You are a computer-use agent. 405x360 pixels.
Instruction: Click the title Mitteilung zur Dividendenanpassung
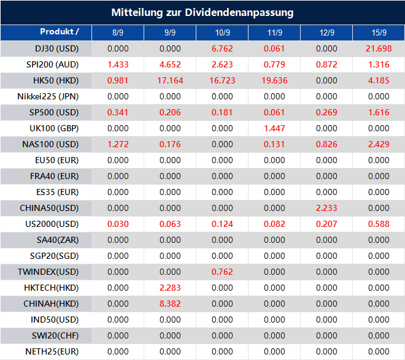point(202,12)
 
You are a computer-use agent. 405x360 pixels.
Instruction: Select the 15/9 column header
point(379,32)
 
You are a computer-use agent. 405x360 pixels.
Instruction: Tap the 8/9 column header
point(118,32)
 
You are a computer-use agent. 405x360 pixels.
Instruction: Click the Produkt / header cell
point(60,31)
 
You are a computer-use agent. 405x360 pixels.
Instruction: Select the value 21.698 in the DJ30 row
point(379,48)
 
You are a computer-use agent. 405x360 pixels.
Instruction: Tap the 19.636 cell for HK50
point(274,80)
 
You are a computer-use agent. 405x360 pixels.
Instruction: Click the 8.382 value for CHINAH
point(170,304)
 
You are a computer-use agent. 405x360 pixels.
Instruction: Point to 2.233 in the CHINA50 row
point(326,208)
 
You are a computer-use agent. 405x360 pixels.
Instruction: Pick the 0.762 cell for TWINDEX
point(222,272)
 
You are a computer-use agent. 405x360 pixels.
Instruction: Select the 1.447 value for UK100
point(274,128)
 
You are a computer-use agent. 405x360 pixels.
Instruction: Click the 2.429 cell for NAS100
point(379,144)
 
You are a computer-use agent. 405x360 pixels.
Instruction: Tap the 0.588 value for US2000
point(379,224)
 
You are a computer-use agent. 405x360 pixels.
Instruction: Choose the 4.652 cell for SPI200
point(170,64)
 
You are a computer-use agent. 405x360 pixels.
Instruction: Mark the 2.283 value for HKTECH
point(170,288)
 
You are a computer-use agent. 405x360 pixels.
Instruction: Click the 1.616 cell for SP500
point(379,112)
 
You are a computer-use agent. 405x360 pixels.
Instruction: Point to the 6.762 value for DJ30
point(222,48)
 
